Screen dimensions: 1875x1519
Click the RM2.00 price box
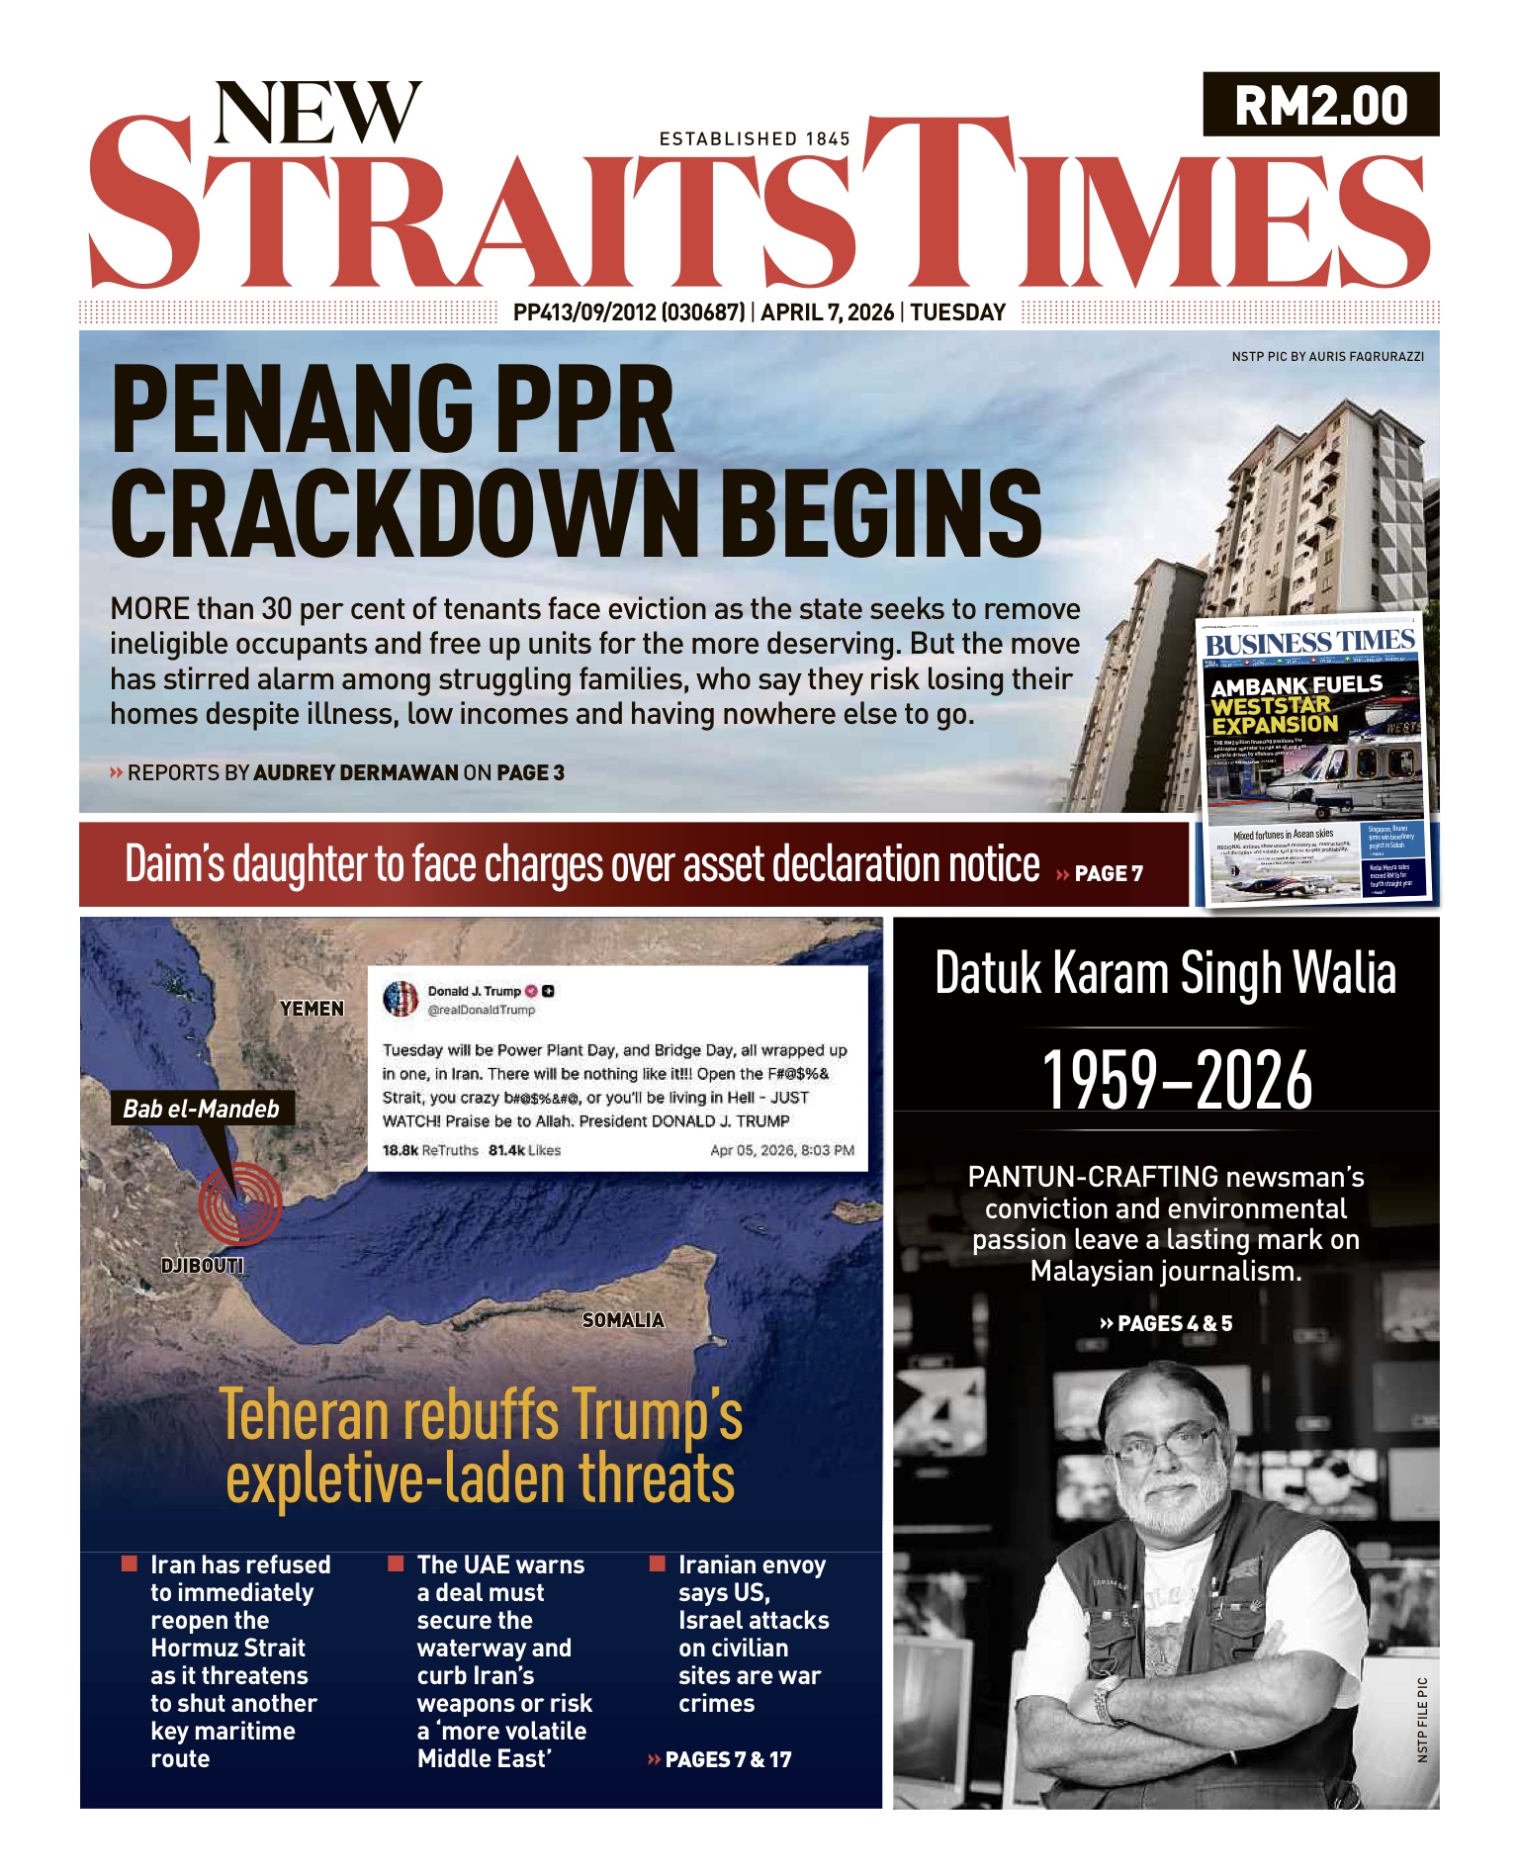1320,105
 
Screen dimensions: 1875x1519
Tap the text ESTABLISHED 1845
755,139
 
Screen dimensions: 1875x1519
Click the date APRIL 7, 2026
827,312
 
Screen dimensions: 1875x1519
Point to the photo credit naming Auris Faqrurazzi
1327,356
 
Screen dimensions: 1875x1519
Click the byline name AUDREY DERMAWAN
356,772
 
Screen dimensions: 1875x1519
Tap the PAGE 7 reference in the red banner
1108,873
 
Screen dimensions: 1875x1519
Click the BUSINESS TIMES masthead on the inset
1310,643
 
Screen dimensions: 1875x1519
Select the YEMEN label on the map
312,1009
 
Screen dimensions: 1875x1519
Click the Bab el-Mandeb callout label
201,1109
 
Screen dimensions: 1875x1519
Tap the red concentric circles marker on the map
240,1203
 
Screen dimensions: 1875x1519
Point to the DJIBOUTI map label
202,1266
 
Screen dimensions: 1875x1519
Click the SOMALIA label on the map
623,1320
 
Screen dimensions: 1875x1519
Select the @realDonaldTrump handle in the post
481,1010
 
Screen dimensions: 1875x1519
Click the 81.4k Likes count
524,1150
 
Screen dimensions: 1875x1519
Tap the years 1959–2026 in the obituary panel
1177,1080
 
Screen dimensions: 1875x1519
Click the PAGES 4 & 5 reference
1167,1323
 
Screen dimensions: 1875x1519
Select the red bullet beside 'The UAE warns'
396,1563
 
